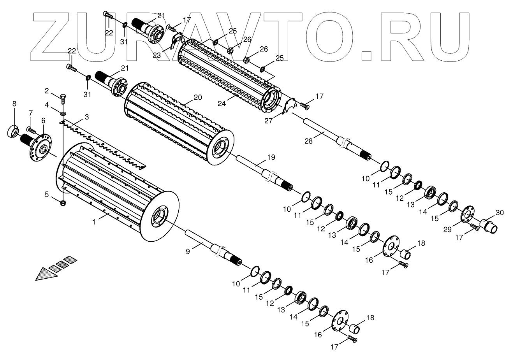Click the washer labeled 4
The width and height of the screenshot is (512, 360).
click(63, 113)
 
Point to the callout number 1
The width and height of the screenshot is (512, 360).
click(94, 221)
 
